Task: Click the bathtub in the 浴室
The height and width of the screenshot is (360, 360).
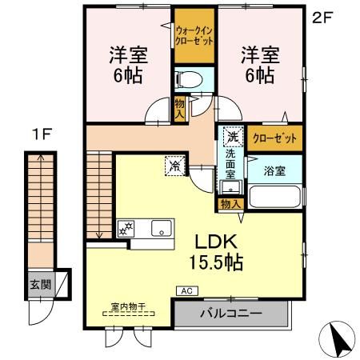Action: tap(274, 197)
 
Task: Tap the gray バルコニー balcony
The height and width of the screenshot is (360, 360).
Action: tap(230, 313)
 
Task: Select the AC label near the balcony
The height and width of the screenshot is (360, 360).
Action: tap(186, 290)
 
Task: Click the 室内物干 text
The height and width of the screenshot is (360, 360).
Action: tap(127, 306)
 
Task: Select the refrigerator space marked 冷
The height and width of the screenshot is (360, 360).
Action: tap(174, 166)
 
